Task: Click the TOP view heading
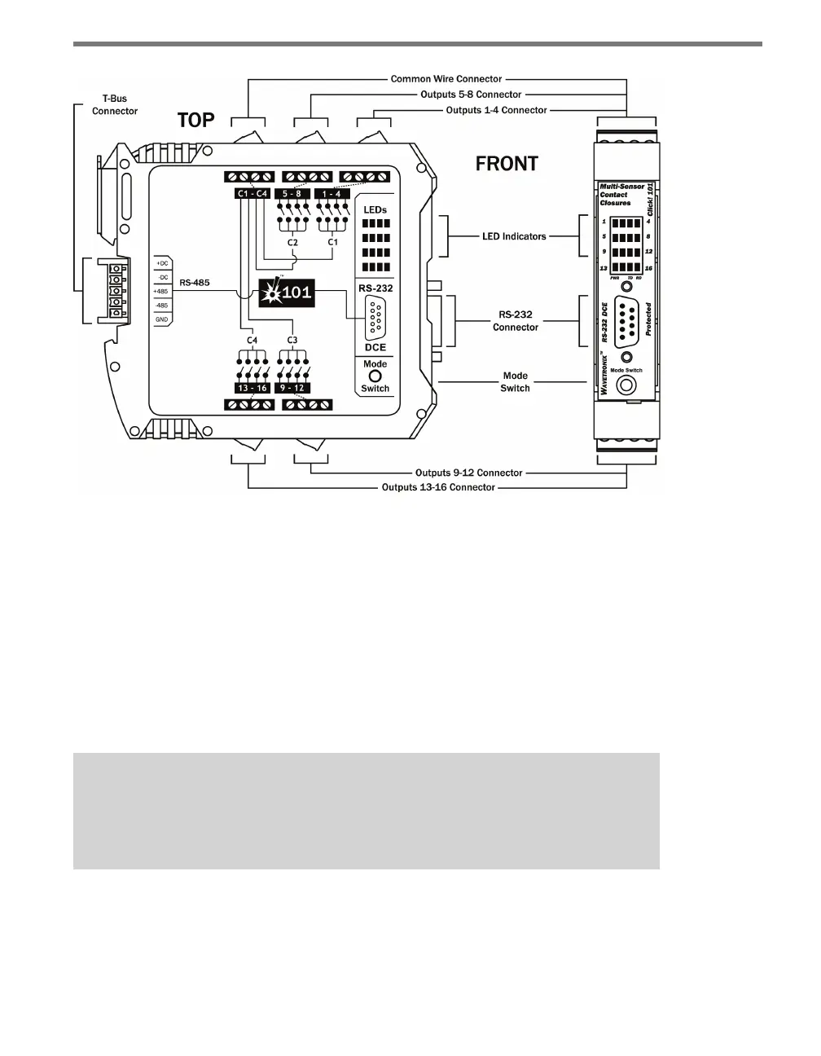(196, 121)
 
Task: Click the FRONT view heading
(507, 164)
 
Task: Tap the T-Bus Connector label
(115, 105)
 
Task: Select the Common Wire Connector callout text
(446, 79)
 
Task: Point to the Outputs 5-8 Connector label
(471, 95)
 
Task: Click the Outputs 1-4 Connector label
(497, 110)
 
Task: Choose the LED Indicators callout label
(514, 236)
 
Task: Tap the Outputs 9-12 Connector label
(469, 473)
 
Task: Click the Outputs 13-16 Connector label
(438, 487)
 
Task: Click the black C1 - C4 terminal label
(252, 194)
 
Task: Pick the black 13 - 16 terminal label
(252, 389)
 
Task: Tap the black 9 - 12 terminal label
(292, 389)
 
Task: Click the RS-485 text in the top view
(195, 283)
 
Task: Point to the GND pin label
(161, 319)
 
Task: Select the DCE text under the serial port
(375, 347)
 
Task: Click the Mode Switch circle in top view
(375, 376)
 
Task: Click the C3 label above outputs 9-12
(292, 339)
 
